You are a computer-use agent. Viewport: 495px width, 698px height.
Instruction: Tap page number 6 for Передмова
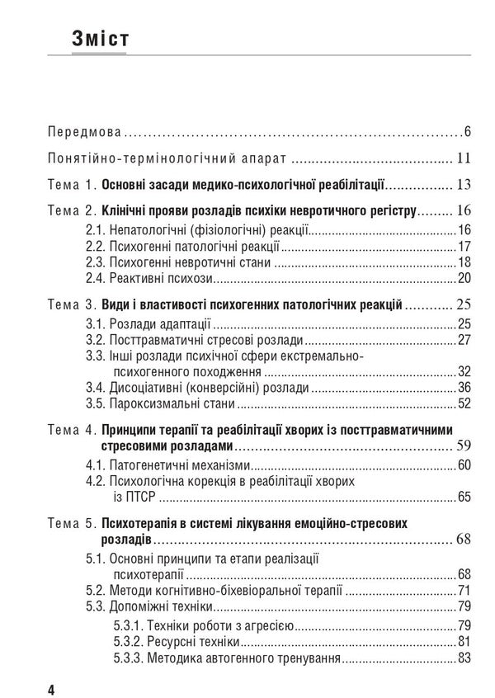click(467, 130)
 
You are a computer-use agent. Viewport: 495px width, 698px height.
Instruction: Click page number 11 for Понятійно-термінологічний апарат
click(464, 158)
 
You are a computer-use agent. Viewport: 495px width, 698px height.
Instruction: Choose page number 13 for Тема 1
click(463, 185)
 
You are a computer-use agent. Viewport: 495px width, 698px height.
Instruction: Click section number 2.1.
click(97, 229)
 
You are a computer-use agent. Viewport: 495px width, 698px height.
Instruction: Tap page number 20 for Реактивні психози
click(464, 276)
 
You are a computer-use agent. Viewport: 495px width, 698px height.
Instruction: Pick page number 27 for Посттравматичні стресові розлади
click(464, 339)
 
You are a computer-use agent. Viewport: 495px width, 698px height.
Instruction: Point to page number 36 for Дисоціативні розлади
click(464, 388)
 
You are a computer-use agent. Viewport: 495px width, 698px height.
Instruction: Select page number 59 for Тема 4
click(463, 446)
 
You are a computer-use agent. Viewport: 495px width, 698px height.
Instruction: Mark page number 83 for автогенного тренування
click(464, 658)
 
